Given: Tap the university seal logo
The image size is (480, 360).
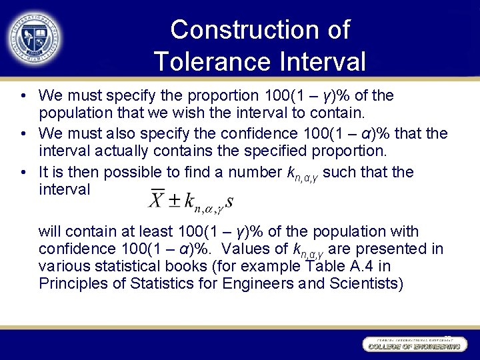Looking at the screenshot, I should point(35,37).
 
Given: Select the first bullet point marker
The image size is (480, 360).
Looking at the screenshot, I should point(24,97).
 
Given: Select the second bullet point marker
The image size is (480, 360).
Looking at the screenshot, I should point(24,135).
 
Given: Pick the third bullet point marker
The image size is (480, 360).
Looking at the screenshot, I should point(24,173).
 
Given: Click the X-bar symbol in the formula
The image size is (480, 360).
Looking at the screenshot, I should point(157,198).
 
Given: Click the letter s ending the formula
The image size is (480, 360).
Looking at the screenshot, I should point(229,200).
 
